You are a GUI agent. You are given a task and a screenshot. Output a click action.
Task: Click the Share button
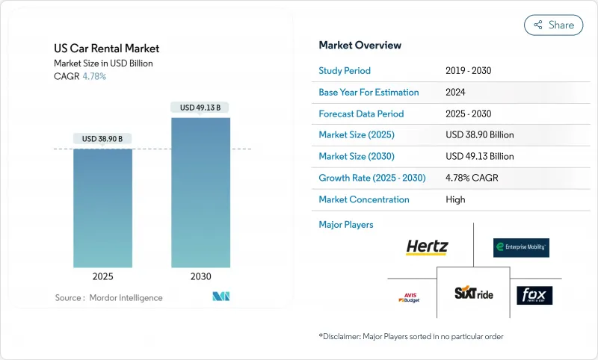coord(554,25)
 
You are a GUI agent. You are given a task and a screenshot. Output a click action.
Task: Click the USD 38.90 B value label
coord(102,139)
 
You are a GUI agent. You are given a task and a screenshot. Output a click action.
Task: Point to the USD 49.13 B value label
coord(200,108)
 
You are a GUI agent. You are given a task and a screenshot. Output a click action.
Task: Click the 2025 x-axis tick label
coord(102,276)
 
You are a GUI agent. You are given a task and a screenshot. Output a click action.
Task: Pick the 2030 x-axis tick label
coord(200,276)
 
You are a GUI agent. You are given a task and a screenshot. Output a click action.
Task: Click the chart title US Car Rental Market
coord(107,49)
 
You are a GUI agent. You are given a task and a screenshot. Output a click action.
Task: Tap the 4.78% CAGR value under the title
coord(94,76)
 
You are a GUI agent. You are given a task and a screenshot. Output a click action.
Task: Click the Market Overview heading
coord(360,45)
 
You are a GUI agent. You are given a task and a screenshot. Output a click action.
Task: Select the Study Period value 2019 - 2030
coord(468,71)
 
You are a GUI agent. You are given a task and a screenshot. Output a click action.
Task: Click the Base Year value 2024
coord(456,93)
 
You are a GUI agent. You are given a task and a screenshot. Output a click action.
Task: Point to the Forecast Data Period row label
coord(361,114)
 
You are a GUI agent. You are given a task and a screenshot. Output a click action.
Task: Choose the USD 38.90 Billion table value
coord(479,135)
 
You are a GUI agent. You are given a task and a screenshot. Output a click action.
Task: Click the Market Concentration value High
coord(455,199)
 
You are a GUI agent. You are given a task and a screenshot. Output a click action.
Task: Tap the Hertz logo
coord(427,247)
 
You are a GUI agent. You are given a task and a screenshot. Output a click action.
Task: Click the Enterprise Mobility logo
coord(521,247)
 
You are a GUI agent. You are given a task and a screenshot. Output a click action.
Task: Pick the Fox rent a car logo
coord(534,295)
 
